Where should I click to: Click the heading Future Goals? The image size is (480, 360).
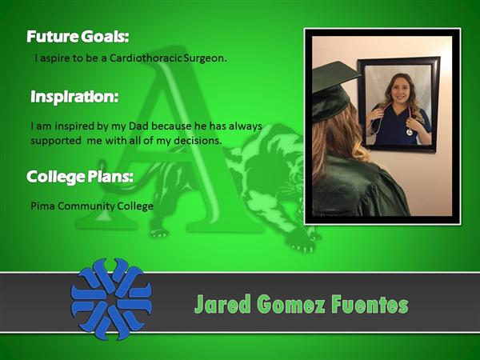pos(78,37)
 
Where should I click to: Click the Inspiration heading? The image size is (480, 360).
pos(74,97)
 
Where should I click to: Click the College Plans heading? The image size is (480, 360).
pos(80,177)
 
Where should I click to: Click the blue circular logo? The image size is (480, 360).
pos(111,299)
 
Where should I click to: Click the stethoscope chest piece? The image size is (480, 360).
pos(410,132)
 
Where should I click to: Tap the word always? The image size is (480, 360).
pos(246,126)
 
